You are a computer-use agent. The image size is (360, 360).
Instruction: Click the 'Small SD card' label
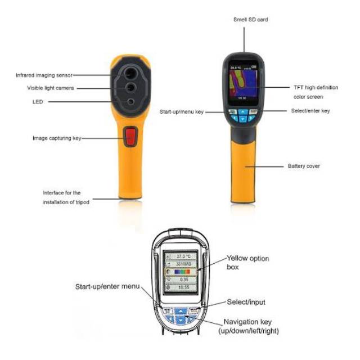[x=250, y=20]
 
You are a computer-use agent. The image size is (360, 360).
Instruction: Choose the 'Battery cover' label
[x=304, y=166]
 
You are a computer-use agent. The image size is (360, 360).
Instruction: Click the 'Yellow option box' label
[x=247, y=262]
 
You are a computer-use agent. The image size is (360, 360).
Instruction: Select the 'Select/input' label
[x=246, y=302]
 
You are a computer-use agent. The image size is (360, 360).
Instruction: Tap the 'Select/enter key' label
[x=310, y=111]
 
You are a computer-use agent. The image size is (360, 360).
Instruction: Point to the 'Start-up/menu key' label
[x=181, y=112]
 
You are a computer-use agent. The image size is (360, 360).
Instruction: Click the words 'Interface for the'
[x=61, y=193]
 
